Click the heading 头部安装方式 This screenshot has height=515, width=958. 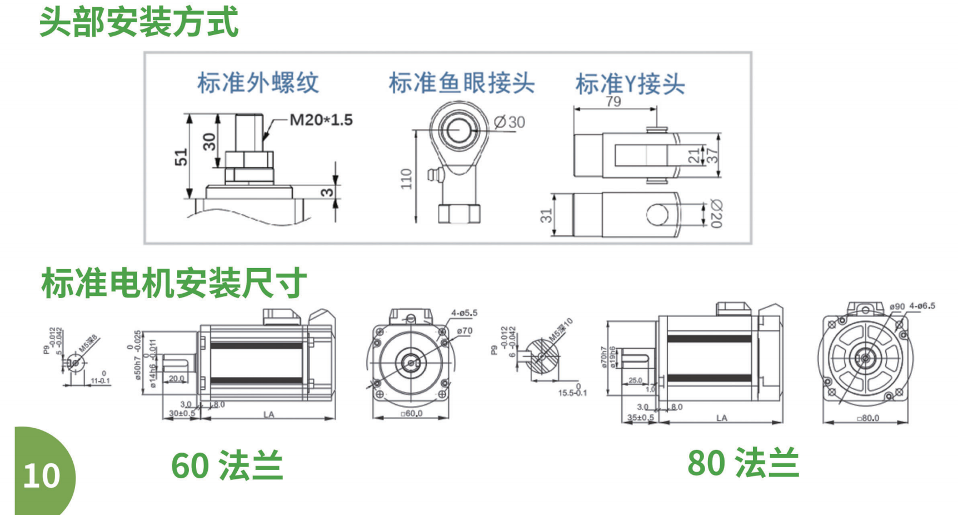pos(139,22)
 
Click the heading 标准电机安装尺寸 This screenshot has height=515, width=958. pos(173,283)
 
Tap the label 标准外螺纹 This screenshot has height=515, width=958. pos(258,83)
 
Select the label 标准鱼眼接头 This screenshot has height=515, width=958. pos(461,83)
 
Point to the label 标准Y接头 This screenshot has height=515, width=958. pos(630,85)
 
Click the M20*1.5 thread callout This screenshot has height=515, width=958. pos(321,120)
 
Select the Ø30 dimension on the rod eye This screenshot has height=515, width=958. pos(509,122)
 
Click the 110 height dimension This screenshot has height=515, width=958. pos(406,179)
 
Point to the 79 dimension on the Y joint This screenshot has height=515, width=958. pos(613,102)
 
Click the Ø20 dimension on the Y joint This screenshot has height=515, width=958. pos(716,214)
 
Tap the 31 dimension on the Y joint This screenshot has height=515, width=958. pos(546,215)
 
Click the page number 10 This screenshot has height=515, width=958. pos(42,476)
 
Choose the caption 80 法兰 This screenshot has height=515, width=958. pos(743,463)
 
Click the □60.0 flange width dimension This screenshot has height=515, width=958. pos(411,414)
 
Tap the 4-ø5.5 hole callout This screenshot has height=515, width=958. pos(464,313)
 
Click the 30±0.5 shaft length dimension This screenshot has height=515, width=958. pos(182,414)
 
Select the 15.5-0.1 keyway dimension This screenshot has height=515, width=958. pos(572,393)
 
